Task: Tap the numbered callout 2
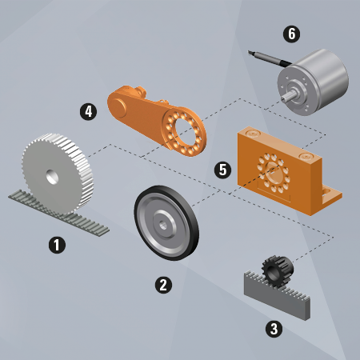click(x=163, y=283)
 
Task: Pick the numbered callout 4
click(x=89, y=110)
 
